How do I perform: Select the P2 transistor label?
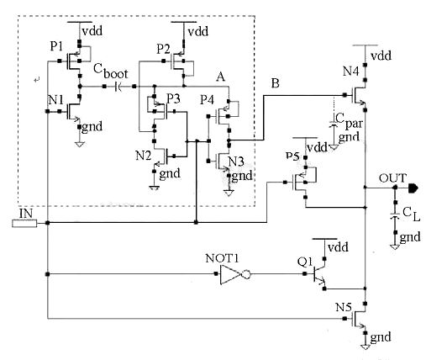click(162, 47)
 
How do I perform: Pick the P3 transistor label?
click(173, 98)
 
